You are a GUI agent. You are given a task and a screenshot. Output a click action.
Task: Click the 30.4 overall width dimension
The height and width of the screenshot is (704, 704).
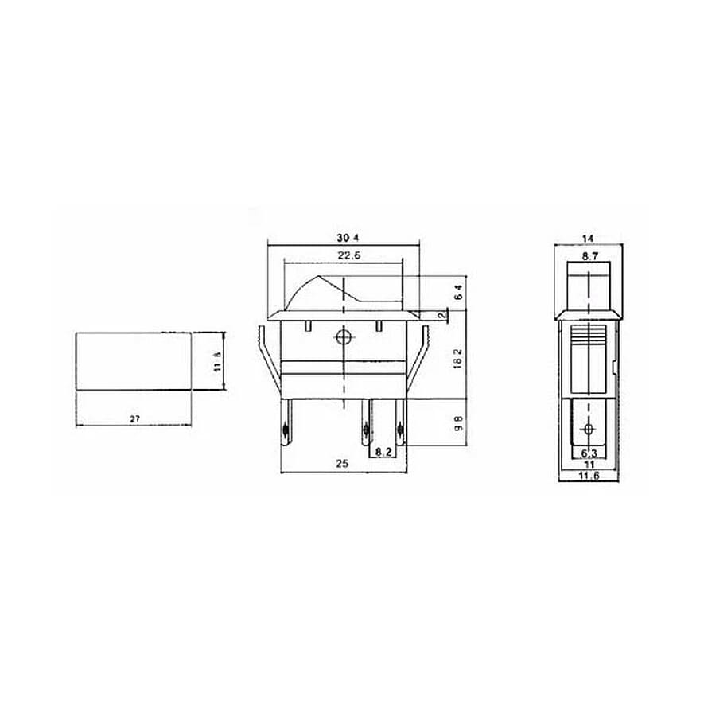pos(344,238)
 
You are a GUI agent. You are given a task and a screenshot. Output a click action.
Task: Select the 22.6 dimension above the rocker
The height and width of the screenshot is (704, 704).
pos(344,255)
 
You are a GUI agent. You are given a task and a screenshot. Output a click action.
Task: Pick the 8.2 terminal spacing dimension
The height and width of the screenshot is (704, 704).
pos(383,452)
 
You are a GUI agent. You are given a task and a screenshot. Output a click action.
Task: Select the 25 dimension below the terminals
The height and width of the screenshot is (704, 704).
pos(344,464)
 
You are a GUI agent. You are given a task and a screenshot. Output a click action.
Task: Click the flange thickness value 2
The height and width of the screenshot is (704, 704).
pos(440,317)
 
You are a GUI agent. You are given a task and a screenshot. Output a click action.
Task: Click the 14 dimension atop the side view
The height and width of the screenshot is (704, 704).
pos(589,239)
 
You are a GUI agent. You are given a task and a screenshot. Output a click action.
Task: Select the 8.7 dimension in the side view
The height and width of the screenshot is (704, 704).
pos(589,256)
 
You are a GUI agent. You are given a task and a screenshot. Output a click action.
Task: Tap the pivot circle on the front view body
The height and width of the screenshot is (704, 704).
pos(344,336)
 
